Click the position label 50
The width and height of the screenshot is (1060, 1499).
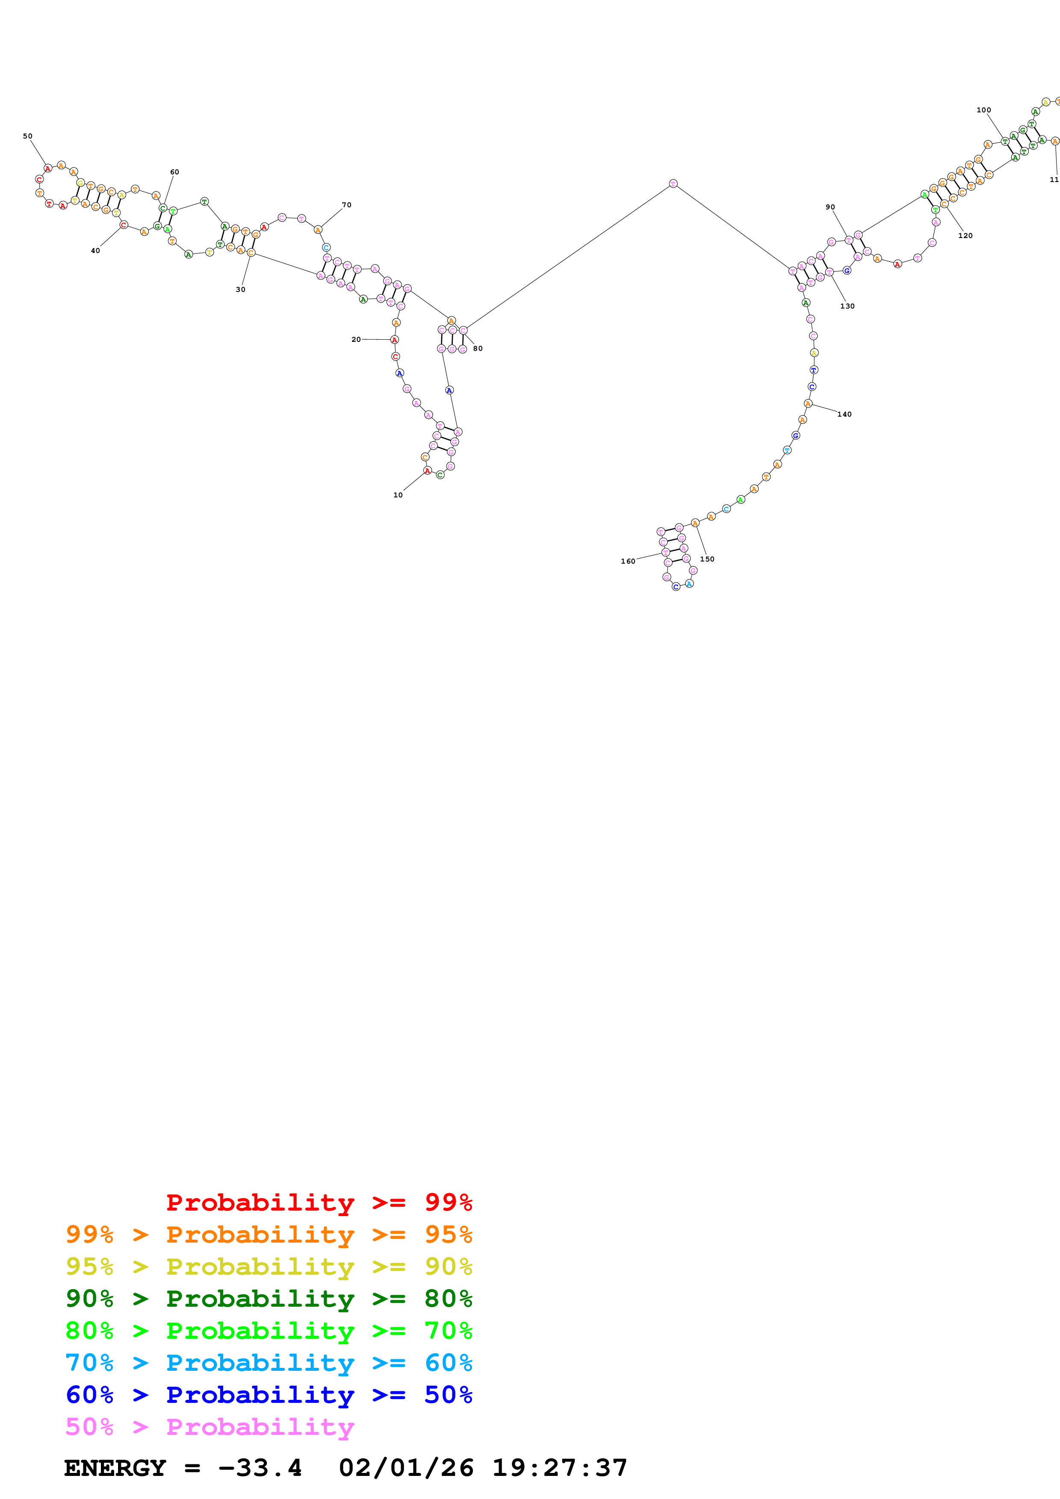pos(27,136)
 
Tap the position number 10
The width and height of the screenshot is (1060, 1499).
pos(398,495)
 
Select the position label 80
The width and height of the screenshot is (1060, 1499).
pos(478,349)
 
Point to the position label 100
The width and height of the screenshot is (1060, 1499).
pos(983,110)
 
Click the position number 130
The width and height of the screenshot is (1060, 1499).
pos(847,306)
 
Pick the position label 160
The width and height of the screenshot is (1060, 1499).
pos(628,561)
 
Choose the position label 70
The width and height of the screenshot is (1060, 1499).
pos(347,205)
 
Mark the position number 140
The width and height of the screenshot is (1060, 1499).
pos(844,414)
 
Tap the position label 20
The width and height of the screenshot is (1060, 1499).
pos(356,339)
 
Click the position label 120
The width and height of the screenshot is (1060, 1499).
pos(966,236)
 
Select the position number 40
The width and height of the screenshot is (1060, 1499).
pos(95,251)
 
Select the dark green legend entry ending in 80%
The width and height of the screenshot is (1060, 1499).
pos(269,1299)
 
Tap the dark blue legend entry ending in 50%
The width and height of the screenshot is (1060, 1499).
pos(269,1395)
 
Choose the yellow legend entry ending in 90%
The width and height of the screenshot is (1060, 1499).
pos(269,1267)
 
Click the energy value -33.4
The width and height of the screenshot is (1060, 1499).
pos(260,1468)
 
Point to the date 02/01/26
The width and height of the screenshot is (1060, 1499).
pos(406,1468)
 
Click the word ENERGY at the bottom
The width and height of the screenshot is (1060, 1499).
pos(115,1468)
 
